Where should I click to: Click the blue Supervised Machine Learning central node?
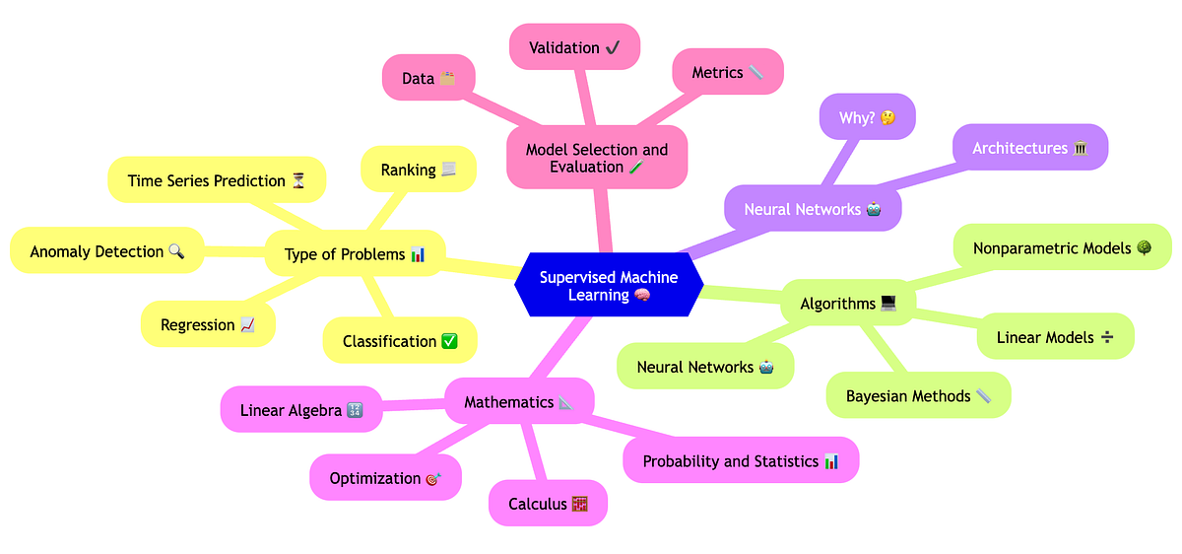(x=609, y=286)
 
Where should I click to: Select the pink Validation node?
(x=574, y=47)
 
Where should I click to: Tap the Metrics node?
(x=727, y=72)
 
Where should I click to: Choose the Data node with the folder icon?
(x=428, y=78)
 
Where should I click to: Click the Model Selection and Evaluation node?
(x=597, y=158)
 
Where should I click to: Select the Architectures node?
(x=1029, y=148)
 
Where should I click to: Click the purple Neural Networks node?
(x=813, y=210)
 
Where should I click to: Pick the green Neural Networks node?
(x=704, y=367)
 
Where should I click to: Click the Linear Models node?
(x=1055, y=337)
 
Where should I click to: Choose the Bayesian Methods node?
(x=918, y=396)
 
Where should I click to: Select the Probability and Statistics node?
(x=741, y=461)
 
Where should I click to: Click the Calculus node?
(x=548, y=504)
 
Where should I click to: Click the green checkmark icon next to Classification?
(x=449, y=341)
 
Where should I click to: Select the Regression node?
(x=208, y=325)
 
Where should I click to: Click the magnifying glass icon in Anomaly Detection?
(x=176, y=251)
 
